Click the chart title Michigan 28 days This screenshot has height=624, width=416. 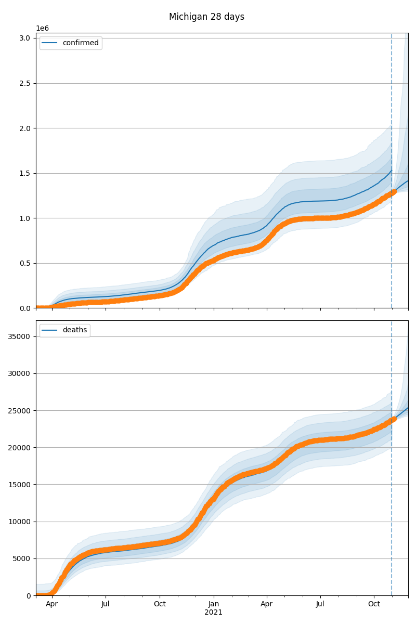[206, 17]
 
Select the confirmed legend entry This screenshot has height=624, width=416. [71, 43]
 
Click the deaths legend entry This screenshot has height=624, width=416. [65, 330]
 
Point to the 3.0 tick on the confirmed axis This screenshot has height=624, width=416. [25, 38]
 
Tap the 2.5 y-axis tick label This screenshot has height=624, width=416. [25, 83]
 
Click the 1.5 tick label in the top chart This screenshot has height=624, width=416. [25, 173]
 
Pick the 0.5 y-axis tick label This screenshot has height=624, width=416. [25, 263]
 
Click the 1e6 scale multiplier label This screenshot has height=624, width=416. [42, 29]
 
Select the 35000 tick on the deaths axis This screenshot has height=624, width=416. [19, 336]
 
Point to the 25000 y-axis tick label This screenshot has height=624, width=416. [19, 411]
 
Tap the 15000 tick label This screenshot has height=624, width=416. [19, 485]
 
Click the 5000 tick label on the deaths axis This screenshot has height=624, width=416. [21, 559]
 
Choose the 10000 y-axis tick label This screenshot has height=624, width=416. [19, 522]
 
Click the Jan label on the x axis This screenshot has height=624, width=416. [213, 604]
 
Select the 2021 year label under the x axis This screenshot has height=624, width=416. [213, 613]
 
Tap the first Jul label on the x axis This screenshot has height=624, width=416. [106, 604]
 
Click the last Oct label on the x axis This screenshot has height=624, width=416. [374, 604]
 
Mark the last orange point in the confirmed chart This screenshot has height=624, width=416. [394, 192]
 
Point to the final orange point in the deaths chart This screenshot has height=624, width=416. [394, 419]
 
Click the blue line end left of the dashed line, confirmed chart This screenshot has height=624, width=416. [392, 170]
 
